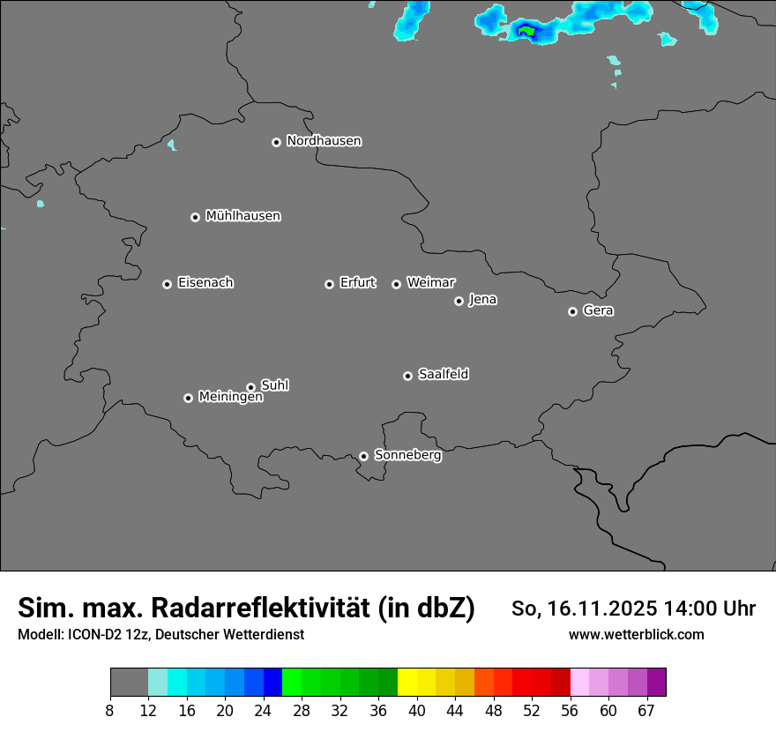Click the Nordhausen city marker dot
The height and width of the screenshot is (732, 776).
(x=276, y=142)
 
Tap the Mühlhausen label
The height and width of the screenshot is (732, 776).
(x=242, y=216)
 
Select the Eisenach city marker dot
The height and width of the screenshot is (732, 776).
(x=167, y=284)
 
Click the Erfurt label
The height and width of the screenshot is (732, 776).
(x=357, y=283)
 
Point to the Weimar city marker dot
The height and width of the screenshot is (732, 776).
(x=396, y=284)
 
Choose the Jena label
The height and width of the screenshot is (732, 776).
(x=482, y=300)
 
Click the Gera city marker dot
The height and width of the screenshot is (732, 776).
(x=572, y=311)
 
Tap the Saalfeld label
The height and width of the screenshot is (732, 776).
(x=443, y=375)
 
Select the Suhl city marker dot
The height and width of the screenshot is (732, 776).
(x=250, y=387)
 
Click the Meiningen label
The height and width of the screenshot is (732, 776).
(x=230, y=398)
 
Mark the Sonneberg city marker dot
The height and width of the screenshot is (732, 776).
(x=363, y=456)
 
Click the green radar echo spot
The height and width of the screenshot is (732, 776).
(x=526, y=32)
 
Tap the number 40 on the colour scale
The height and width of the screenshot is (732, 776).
(x=416, y=711)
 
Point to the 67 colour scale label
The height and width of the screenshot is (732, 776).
(x=646, y=711)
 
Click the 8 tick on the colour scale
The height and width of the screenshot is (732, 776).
(x=110, y=711)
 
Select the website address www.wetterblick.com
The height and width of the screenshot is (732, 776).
(x=636, y=634)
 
